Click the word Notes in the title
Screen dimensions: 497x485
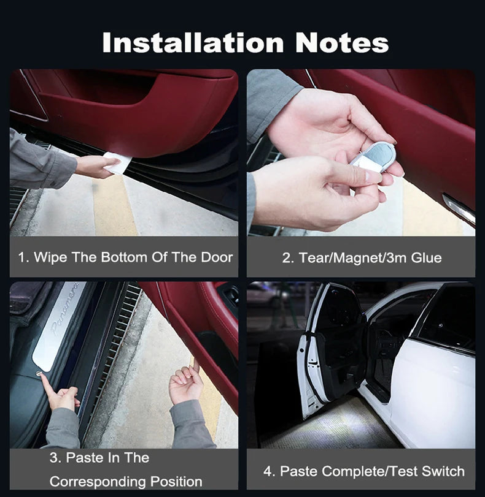(341, 43)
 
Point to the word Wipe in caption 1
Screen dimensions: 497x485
(51, 257)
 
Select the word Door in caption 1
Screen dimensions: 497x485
(217, 257)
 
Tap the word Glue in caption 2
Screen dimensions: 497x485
(425, 257)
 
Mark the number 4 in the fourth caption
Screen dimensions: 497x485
(268, 471)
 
